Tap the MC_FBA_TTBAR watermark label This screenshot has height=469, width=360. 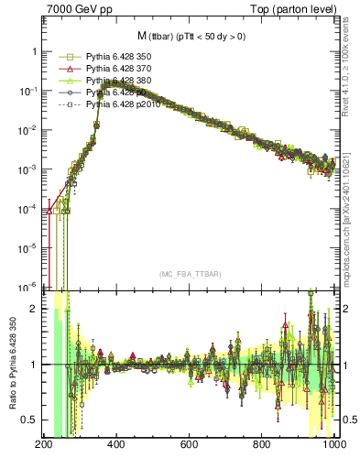189,275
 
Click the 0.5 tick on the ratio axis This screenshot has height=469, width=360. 32,420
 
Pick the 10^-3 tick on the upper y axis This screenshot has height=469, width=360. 28,169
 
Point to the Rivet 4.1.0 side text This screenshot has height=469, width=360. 352,69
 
